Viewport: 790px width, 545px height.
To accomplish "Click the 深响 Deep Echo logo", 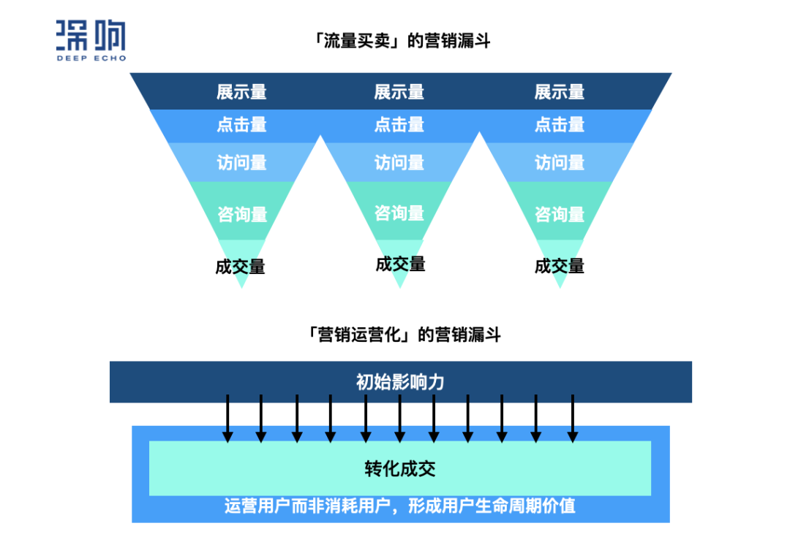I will pyautogui.click(x=91, y=41).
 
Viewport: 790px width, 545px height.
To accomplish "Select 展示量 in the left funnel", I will pyautogui.click(x=241, y=92).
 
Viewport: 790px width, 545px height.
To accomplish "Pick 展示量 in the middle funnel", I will pyautogui.click(x=399, y=92).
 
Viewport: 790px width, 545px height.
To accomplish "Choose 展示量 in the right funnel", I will pyautogui.click(x=560, y=92).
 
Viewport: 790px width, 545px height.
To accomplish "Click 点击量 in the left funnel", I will pyautogui.click(x=241, y=125).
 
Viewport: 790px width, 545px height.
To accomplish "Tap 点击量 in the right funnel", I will pyautogui.click(x=560, y=125).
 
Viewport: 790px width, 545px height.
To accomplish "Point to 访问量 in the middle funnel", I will pyautogui.click(x=399, y=161).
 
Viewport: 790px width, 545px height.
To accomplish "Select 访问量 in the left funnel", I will pyautogui.click(x=241, y=161).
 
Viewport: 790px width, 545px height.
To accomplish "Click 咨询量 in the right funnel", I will pyautogui.click(x=560, y=214).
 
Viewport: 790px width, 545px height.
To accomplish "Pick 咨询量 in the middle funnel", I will pyautogui.click(x=399, y=213).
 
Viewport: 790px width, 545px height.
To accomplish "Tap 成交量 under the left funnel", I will pyautogui.click(x=240, y=267).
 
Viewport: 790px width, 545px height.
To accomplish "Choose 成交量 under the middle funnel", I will pyautogui.click(x=400, y=264).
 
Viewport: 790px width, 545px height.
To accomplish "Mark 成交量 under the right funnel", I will pyautogui.click(x=560, y=266).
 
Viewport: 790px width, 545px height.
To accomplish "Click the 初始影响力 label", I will pyautogui.click(x=400, y=381).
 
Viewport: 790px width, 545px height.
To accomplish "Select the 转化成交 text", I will pyautogui.click(x=400, y=468).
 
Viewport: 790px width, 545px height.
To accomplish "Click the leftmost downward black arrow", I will pyautogui.click(x=227, y=418).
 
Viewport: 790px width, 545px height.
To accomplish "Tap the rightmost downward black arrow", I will pyautogui.click(x=572, y=418).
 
